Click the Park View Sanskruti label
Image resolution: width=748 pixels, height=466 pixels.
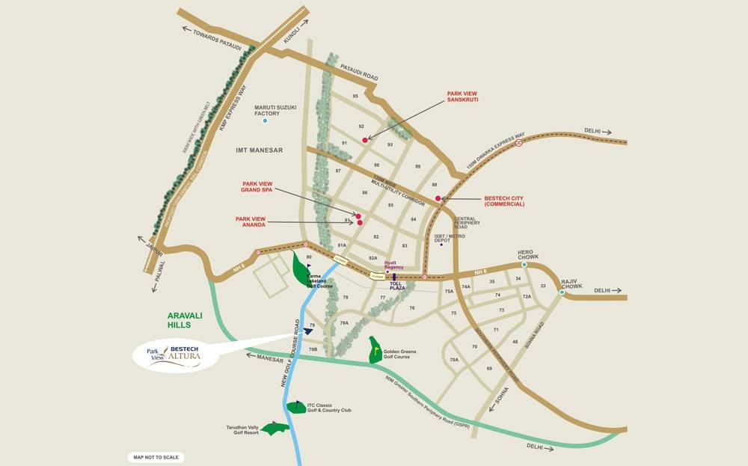462,96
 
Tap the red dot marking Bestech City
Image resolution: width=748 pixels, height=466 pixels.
438,198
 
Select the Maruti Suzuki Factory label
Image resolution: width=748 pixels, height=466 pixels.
275,110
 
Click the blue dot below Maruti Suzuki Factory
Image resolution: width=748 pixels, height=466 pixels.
265,120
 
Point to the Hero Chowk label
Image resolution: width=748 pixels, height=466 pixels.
528,254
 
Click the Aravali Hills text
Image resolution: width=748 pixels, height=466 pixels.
180,321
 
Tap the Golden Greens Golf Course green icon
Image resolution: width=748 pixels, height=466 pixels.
375,349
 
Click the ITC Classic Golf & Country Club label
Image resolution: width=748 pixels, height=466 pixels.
334,408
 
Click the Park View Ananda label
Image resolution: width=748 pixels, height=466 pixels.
251,221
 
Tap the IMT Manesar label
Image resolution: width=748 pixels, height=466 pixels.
260,150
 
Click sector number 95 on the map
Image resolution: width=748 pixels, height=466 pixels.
356,96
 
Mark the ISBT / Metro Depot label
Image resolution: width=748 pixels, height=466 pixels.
450,238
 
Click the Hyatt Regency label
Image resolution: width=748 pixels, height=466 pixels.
394,265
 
